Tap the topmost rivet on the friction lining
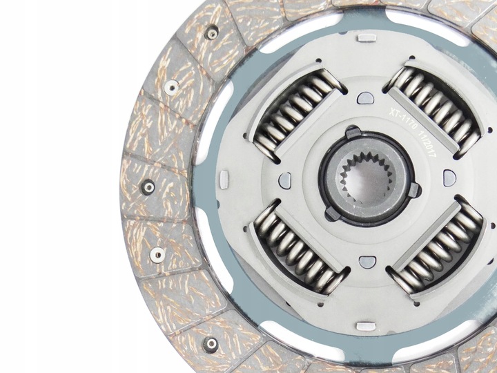[211, 32]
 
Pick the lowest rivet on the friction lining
[211, 342]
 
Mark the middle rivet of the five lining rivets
[147, 186]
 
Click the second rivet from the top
[170, 86]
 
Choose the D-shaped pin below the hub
[366, 260]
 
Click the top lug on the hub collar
[353, 132]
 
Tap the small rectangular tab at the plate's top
[367, 37]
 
